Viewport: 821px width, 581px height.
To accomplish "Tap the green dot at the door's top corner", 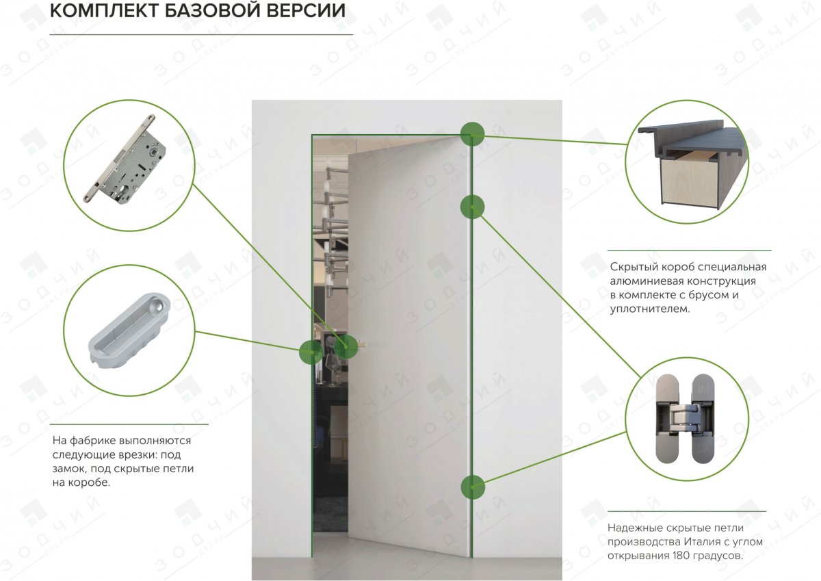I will pos(472,133).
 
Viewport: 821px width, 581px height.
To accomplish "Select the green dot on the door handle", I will pos(346,347).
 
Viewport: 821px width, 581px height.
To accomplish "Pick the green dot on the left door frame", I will pos(311,352).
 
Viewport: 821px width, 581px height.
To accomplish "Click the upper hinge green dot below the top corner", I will pos(472,206).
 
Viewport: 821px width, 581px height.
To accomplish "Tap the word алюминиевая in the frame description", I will pos(640,281).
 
